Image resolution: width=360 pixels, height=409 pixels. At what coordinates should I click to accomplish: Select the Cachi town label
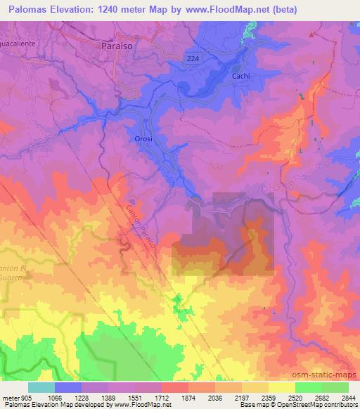click(x=240, y=75)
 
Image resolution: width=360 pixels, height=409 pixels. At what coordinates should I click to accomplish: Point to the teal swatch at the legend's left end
click(x=41, y=387)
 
